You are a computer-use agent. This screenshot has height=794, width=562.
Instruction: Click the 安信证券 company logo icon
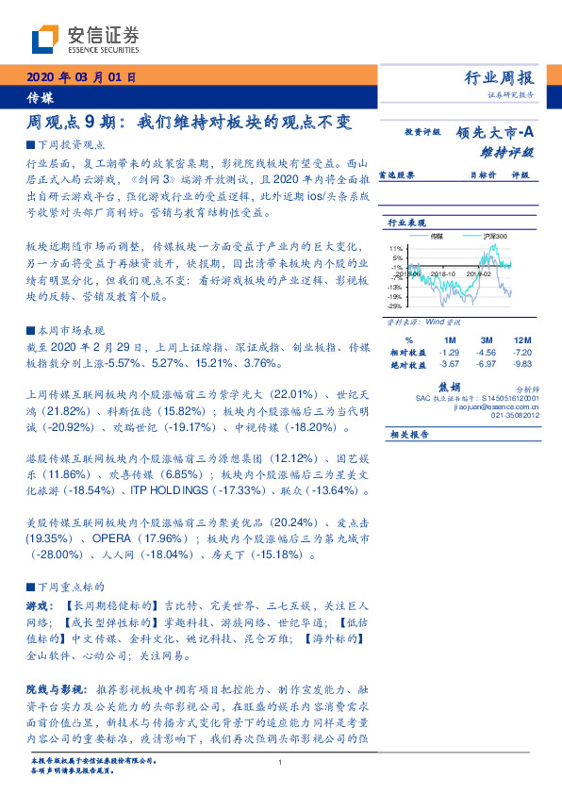pos(45,40)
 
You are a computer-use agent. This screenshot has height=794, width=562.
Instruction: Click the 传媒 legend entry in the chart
pos(437,236)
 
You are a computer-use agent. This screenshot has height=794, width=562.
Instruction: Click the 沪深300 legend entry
pos(493,236)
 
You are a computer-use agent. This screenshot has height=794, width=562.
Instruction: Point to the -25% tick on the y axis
pos(395,306)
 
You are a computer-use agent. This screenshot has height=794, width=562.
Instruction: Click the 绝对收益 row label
pos(409,363)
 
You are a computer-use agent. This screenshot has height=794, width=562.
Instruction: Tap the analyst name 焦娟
pos(449,387)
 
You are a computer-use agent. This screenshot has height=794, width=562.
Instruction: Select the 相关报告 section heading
pos(408,434)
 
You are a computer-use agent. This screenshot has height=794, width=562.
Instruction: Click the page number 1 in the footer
pos(281,762)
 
